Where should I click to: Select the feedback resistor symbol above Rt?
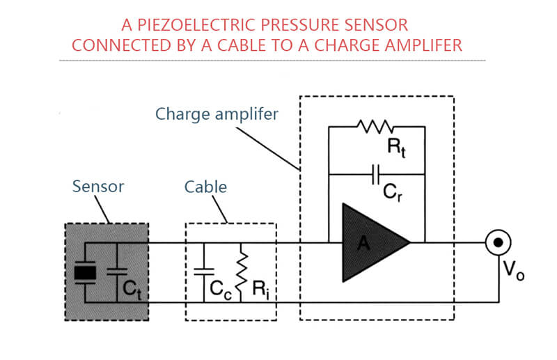pos(375,127)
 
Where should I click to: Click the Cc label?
pos(219,292)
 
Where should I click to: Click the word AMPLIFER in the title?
pos(425,45)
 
